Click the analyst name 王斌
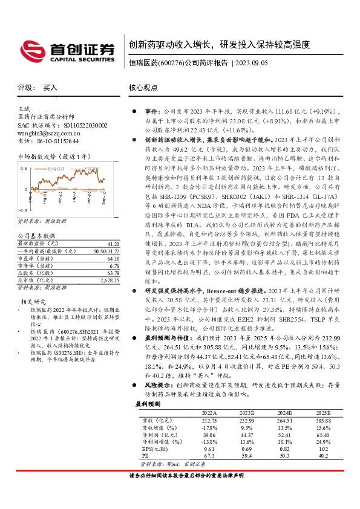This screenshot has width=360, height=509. coord(25,108)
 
